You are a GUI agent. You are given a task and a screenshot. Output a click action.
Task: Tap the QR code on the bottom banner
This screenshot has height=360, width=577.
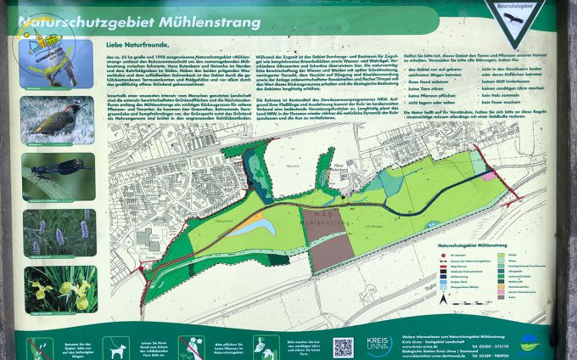343,346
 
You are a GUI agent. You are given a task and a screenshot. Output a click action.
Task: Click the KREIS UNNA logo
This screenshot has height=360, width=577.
378,345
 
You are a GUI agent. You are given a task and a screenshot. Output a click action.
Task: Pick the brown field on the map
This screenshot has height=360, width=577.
332,251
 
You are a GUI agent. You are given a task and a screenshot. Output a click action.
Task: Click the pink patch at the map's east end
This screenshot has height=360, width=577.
489,176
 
